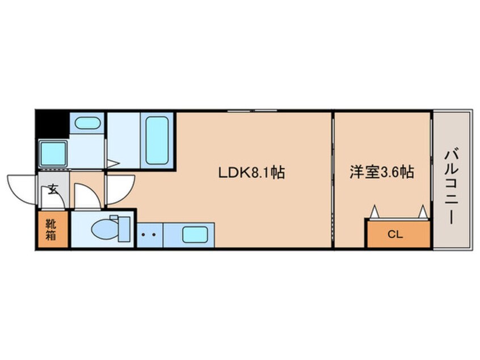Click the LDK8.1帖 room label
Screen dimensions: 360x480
tap(251, 172)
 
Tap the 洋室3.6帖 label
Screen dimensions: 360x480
tap(381, 172)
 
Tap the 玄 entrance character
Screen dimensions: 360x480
tap(53, 190)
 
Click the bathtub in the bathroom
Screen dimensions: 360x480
tap(157, 140)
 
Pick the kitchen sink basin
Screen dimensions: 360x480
tap(195, 233)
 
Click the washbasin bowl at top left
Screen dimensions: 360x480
tap(87, 122)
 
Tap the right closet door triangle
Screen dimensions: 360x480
tap(422, 212)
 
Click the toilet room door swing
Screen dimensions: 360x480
tap(86, 194)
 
